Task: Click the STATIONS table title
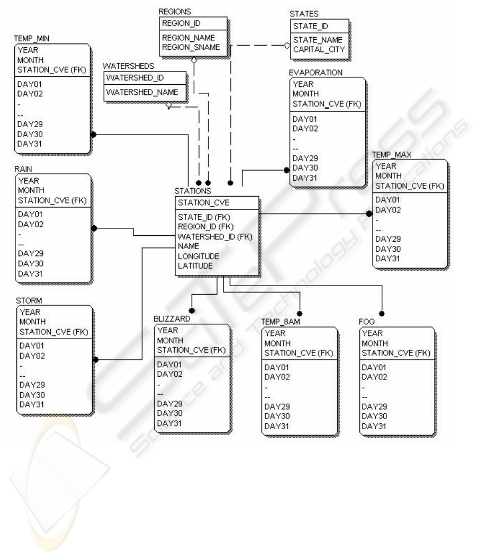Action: tap(192, 191)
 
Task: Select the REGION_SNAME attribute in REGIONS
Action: tap(191, 47)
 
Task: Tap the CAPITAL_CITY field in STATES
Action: tap(319, 49)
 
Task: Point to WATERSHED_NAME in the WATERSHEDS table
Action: tap(142, 92)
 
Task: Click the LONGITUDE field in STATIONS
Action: tap(199, 256)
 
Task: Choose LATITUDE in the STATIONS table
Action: tap(195, 265)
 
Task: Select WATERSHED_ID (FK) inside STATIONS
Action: tap(215, 237)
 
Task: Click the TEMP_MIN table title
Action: tap(32, 39)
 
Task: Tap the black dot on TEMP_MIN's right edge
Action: tap(93, 135)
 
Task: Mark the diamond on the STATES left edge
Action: tap(287, 45)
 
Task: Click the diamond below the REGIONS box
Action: tap(194, 60)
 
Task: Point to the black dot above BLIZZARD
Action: tap(192, 310)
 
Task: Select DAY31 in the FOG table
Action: tap(374, 425)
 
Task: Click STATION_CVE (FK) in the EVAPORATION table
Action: tap(327, 104)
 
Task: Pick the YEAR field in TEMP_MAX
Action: tap(386, 166)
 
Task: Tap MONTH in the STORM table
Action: tap(32, 322)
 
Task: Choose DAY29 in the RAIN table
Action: tap(31, 253)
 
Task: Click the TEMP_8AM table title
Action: tap(281, 322)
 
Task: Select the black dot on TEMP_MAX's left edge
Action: tap(369, 214)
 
